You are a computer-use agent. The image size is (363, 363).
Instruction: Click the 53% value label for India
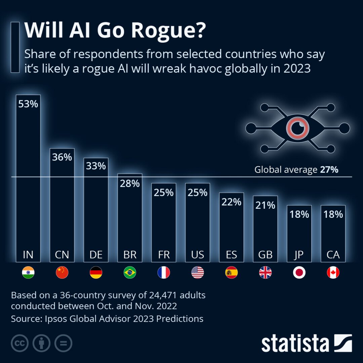point(28,104)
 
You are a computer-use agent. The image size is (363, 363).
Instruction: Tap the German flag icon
point(96,273)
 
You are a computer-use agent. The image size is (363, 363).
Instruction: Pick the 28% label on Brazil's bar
point(130,184)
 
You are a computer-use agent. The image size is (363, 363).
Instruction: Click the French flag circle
point(164,273)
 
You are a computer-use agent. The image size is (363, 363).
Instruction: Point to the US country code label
point(197,255)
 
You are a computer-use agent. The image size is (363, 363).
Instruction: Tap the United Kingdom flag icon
point(265,273)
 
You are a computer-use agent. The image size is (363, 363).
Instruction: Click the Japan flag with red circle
point(299,273)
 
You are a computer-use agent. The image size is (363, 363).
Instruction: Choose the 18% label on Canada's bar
point(333,214)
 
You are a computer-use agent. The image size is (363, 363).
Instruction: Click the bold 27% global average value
point(329,170)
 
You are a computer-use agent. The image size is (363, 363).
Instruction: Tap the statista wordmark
point(295,344)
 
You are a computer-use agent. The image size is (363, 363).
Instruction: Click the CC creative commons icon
point(19,344)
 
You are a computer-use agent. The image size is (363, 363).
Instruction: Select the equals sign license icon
point(63,344)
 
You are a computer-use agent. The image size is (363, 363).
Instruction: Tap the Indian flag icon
point(28,273)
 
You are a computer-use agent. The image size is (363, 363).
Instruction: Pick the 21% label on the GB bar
point(265,205)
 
